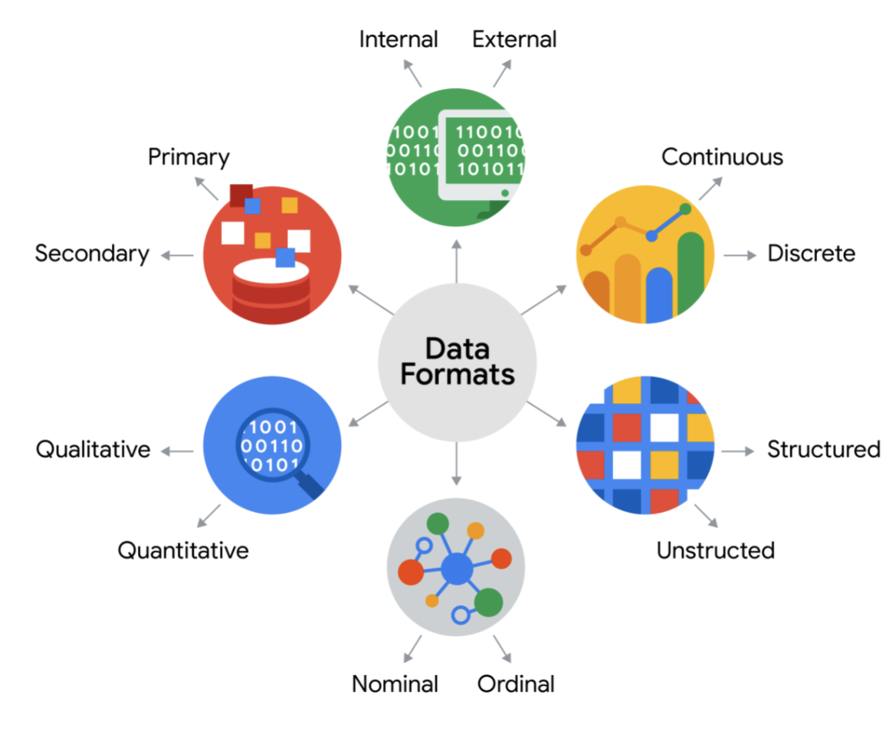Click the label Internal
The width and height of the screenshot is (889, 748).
pyautogui.click(x=398, y=39)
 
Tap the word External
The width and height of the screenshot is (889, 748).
pyautogui.click(x=514, y=39)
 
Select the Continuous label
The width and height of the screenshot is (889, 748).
pyautogui.click(x=722, y=157)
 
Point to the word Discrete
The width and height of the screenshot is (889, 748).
pyautogui.click(x=811, y=254)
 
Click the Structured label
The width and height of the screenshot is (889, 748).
pyautogui.click(x=823, y=449)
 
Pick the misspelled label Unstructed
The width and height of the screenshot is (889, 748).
pyautogui.click(x=715, y=550)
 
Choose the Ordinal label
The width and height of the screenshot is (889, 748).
pyautogui.click(x=516, y=684)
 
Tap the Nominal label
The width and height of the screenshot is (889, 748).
pyautogui.click(x=395, y=684)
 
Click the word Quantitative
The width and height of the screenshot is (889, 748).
pyautogui.click(x=183, y=550)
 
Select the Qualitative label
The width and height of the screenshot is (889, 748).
pyautogui.click(x=93, y=449)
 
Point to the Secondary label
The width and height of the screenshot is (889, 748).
pyautogui.click(x=92, y=254)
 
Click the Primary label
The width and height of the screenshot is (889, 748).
pyautogui.click(x=189, y=157)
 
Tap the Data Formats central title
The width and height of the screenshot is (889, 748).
pyautogui.click(x=458, y=362)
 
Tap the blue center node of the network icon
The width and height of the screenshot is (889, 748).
pyautogui.click(x=458, y=569)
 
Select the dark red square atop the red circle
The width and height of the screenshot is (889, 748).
pyautogui.click(x=241, y=195)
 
